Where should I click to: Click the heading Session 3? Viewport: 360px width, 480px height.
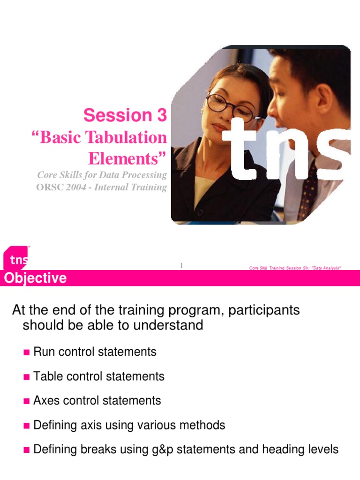[x=125, y=115]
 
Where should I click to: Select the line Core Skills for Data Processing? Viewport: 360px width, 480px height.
[x=102, y=175]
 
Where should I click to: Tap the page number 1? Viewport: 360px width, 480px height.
[x=180, y=266]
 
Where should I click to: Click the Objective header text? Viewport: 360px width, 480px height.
[x=35, y=278]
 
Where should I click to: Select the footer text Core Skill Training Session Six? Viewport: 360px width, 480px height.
[x=294, y=268]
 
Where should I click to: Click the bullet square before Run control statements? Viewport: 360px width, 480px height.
[x=26, y=352]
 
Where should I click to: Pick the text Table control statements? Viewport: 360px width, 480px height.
[x=99, y=376]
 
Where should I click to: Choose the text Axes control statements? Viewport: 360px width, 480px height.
[x=97, y=401]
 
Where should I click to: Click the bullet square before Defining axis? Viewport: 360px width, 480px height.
[x=26, y=426]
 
